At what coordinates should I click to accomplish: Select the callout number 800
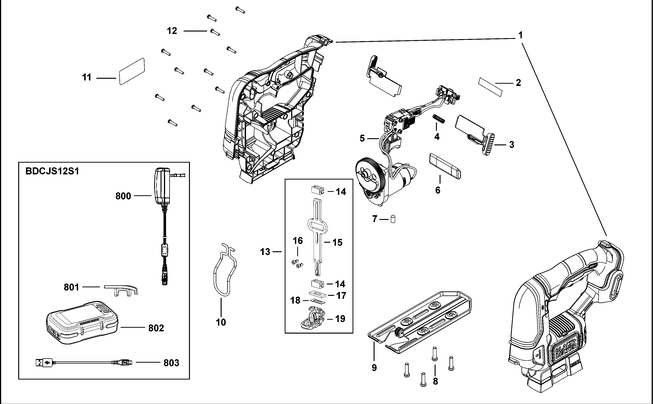point(123,196)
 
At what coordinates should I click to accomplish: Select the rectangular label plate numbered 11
point(132,71)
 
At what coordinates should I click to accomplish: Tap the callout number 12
point(172,31)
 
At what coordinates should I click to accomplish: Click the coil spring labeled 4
point(438,119)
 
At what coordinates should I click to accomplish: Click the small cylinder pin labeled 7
point(393,219)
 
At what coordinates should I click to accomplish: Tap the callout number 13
point(265,252)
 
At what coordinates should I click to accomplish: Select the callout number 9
point(374,368)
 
